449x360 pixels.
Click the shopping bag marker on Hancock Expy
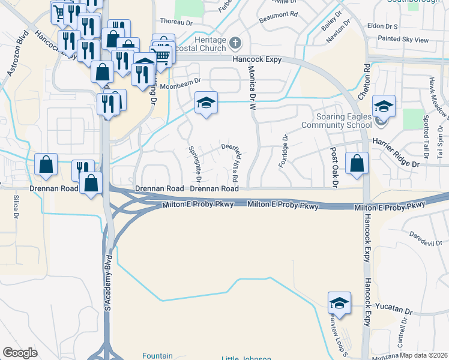click(357, 163)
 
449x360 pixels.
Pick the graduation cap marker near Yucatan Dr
click(340, 303)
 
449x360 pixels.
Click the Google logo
click(20, 353)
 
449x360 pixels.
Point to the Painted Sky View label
click(403, 40)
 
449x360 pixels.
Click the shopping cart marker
click(162, 56)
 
